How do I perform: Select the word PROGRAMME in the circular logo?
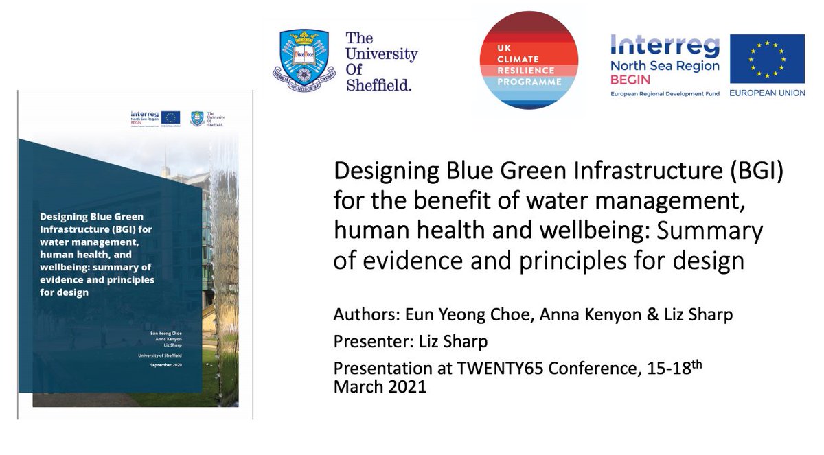point(529,82)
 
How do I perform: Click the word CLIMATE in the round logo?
point(529,60)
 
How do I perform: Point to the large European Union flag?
point(767,58)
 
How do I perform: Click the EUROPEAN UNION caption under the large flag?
point(767,93)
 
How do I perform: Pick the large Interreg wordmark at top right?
point(665,47)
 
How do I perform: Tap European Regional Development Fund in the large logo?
point(665,93)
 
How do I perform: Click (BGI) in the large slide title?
point(753,171)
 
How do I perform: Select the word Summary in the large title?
point(718,231)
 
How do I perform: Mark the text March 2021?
point(380,386)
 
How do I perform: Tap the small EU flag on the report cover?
point(171,117)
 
